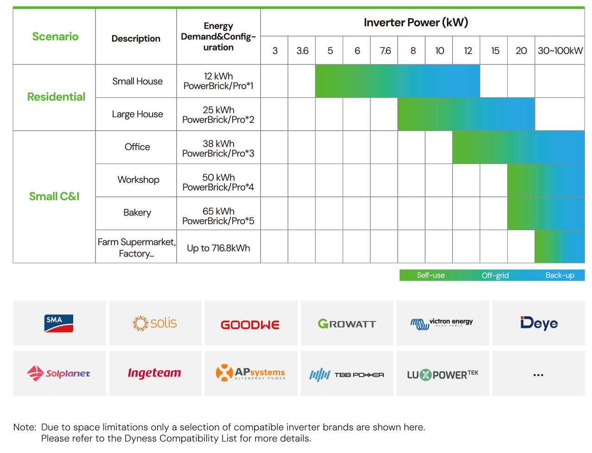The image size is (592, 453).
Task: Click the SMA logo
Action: pyautogui.click(x=59, y=323)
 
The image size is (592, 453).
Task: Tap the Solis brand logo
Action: pyautogui.click(x=155, y=323)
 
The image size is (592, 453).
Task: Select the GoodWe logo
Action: pyautogui.click(x=250, y=325)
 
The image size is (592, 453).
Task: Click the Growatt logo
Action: pyautogui.click(x=347, y=324)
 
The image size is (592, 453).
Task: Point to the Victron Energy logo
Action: pyautogui.click(x=442, y=323)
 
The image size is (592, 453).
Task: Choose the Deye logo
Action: pyautogui.click(x=539, y=323)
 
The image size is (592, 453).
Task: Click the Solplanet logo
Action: pyautogui.click(x=59, y=373)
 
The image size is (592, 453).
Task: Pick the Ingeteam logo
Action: pyautogui.click(x=154, y=373)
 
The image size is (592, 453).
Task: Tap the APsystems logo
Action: pyautogui.click(x=250, y=373)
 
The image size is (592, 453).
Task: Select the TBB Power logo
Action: pyautogui.click(x=347, y=375)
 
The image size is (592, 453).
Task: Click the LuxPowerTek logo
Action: pyautogui.click(x=443, y=374)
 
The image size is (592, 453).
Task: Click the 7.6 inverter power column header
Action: pyautogui.click(x=385, y=51)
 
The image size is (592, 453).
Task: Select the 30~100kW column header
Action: pyautogui.click(x=560, y=51)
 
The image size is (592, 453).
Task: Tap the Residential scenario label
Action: pyautogui.click(x=56, y=97)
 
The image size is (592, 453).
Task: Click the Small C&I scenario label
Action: pyautogui.click(x=54, y=196)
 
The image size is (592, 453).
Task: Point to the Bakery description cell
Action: pyautogui.click(x=137, y=213)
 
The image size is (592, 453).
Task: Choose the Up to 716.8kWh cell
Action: pyautogui.click(x=218, y=248)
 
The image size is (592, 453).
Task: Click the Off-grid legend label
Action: pyautogui.click(x=495, y=275)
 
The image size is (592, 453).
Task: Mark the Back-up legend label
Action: pyautogui.click(x=560, y=275)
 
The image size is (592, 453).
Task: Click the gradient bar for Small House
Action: pyautogui.click(x=397, y=81)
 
